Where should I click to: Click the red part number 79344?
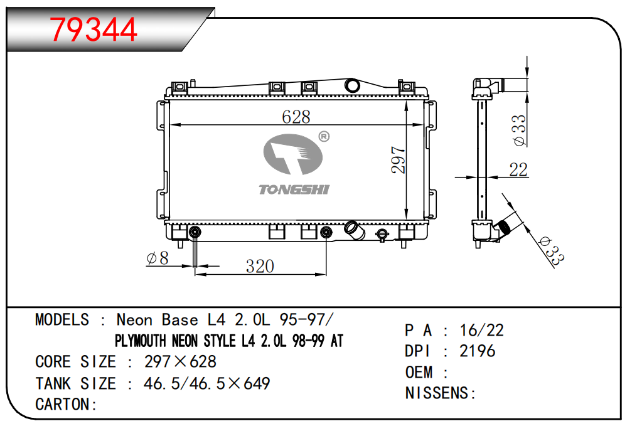[93, 29]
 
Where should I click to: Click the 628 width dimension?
[296, 117]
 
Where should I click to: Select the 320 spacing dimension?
[260, 267]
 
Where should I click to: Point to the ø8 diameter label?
[158, 258]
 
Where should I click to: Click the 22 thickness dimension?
[518, 170]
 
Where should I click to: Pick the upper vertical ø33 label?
[519, 130]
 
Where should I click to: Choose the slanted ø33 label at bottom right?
[551, 252]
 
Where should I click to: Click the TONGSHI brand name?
[294, 189]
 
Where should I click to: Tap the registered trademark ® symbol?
[324, 137]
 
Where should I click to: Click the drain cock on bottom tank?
[382, 235]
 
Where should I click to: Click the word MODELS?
[62, 320]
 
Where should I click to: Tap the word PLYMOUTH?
[140, 341]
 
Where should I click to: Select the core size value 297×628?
[180, 361]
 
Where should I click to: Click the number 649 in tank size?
[257, 383]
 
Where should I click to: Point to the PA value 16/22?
[482, 330]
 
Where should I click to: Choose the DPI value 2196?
[478, 351]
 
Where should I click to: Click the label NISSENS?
[437, 393]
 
